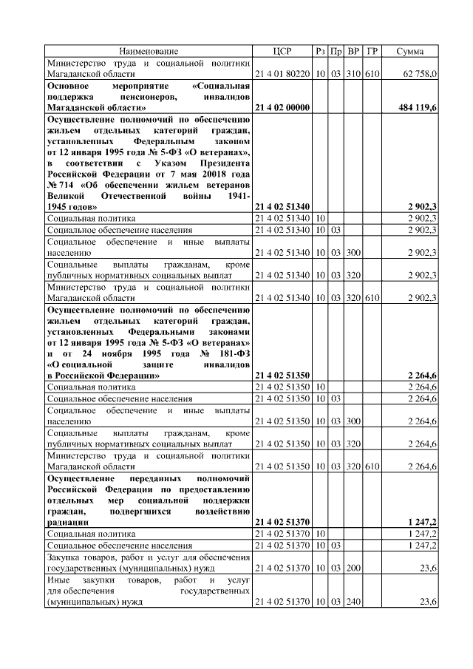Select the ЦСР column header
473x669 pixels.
click(x=282, y=51)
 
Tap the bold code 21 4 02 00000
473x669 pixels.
click(x=282, y=108)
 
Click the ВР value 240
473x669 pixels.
click(x=353, y=603)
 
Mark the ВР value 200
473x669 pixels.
click(x=353, y=569)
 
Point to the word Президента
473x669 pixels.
click(x=222, y=162)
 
